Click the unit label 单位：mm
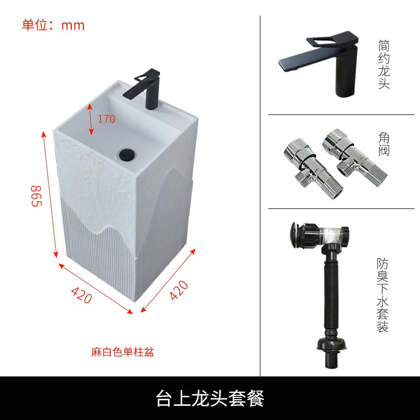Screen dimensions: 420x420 coord(53,25)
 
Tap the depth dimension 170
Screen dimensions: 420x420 coord(106,119)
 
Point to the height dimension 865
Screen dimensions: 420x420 coord(36,195)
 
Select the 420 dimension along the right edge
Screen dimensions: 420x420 coord(178,290)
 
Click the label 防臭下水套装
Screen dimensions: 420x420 coord(383,295)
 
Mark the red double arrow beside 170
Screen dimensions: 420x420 coord(90,119)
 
